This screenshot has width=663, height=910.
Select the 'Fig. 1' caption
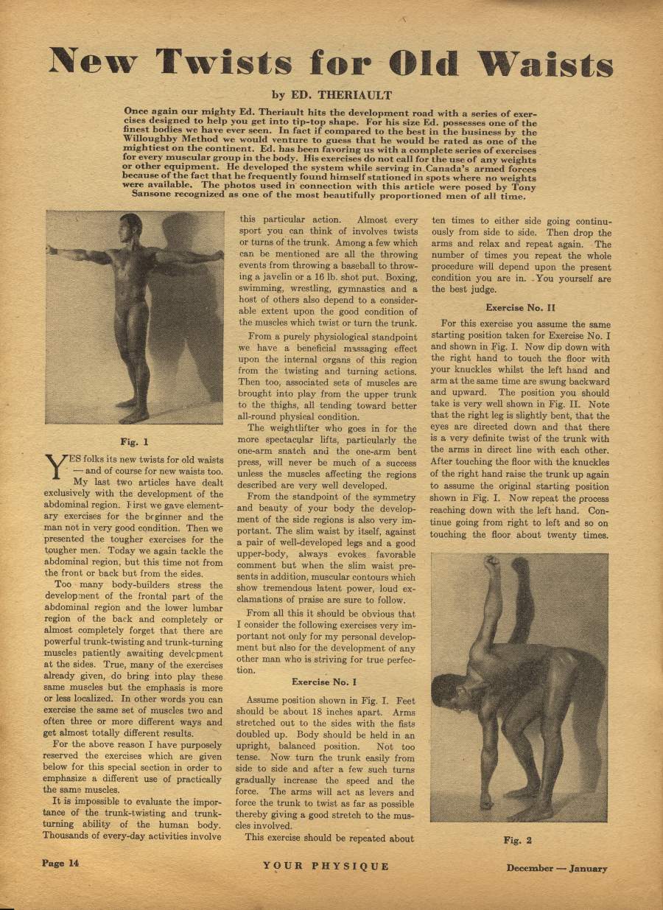click(x=134, y=442)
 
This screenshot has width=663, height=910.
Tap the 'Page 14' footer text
click(x=60, y=864)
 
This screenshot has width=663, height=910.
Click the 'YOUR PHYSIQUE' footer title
click(x=326, y=866)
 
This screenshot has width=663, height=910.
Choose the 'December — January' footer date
click(x=556, y=868)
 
